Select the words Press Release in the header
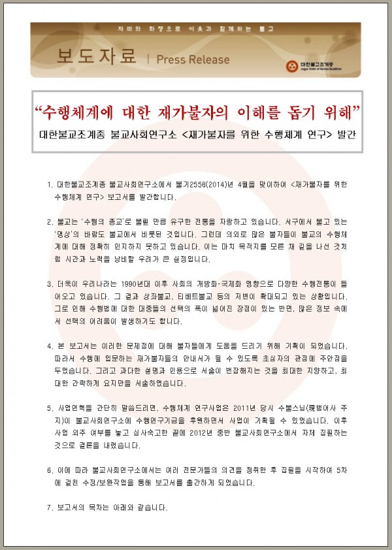coord(193,59)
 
